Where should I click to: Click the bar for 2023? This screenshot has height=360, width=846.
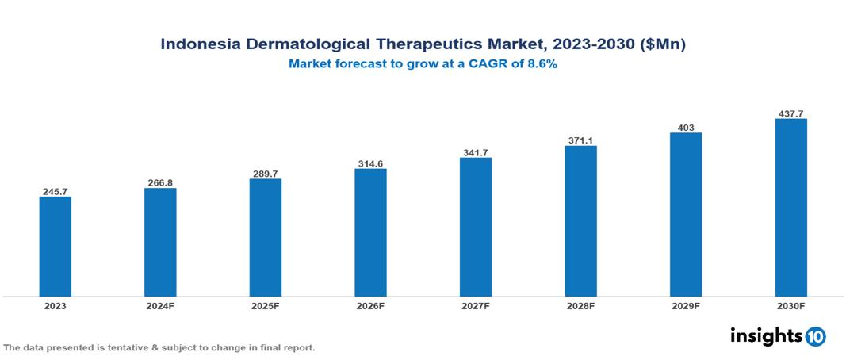click(55, 247)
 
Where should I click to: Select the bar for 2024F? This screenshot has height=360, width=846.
click(160, 243)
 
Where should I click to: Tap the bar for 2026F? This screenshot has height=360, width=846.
click(370, 232)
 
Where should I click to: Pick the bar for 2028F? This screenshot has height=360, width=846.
click(580, 221)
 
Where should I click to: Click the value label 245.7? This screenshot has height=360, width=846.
click(55, 192)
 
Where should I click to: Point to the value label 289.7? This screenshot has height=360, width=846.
click(265, 174)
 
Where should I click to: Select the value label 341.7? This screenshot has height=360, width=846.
click(475, 152)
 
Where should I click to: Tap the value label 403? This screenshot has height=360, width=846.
click(686, 127)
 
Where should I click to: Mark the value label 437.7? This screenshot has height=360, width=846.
click(790, 113)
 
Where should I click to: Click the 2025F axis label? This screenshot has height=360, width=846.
click(265, 305)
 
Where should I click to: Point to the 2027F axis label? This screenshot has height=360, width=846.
click(475, 305)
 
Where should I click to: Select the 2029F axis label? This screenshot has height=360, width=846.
click(686, 305)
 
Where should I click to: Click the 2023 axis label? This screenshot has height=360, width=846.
click(55, 305)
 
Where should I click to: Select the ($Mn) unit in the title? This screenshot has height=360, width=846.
click(662, 44)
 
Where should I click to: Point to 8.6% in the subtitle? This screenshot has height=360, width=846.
click(539, 64)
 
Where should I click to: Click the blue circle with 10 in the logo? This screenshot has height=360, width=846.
click(815, 336)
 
